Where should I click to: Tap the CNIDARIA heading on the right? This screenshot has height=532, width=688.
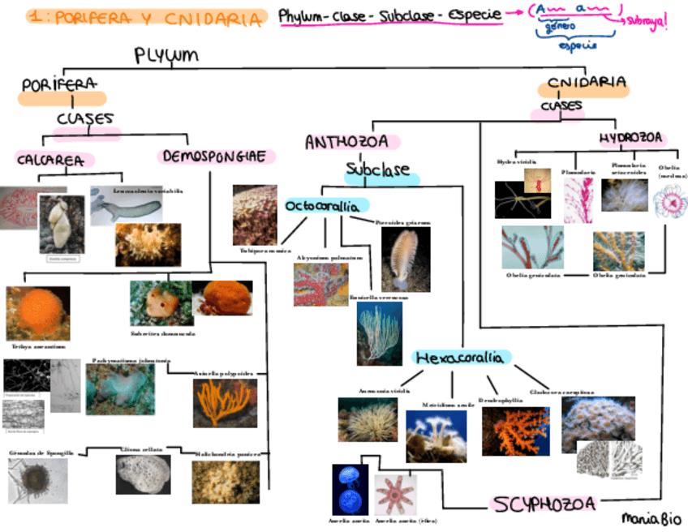pyautogui.click(x=586, y=83)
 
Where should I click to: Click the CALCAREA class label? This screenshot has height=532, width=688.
pyautogui.click(x=50, y=160)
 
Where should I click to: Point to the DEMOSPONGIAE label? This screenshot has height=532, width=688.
pyautogui.click(x=214, y=156)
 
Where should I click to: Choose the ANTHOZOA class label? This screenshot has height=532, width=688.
pyautogui.click(x=346, y=143)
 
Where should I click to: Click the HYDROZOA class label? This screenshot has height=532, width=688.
pyautogui.click(x=631, y=138)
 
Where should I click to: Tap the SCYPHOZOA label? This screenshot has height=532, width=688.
pyautogui.click(x=544, y=504)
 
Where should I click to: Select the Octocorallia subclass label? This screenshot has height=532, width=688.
pyautogui.click(x=322, y=206)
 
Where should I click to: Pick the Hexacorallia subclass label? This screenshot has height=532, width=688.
pyautogui.click(x=459, y=358)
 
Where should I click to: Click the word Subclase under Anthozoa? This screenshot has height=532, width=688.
pyautogui.click(x=378, y=172)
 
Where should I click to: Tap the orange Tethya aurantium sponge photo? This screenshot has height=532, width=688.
pyautogui.click(x=37, y=313)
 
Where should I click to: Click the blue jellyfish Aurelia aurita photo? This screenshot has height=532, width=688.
pyautogui.click(x=350, y=488)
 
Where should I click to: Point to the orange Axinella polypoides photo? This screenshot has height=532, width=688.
pyautogui.click(x=225, y=403)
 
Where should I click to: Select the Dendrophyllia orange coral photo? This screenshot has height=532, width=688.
pyautogui.click(x=514, y=431)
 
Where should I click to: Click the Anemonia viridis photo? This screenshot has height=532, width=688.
pyautogui.click(x=368, y=419)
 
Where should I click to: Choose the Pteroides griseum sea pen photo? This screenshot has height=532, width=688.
pyautogui.click(x=405, y=259)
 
